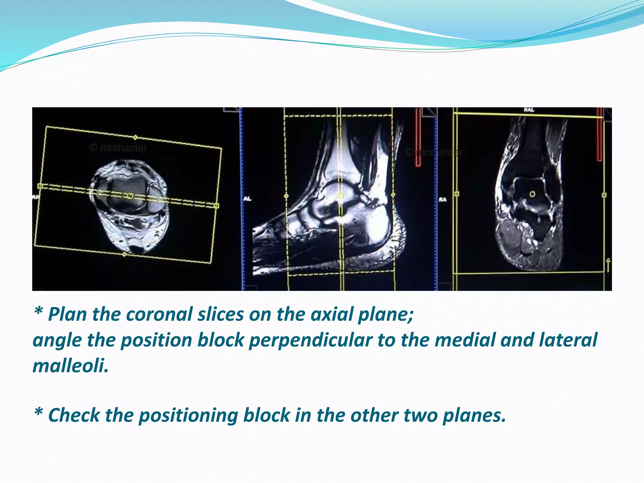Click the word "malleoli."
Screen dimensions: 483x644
(x=70, y=366)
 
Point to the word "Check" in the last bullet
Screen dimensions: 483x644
(x=74, y=415)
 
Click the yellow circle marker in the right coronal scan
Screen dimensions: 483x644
(x=532, y=194)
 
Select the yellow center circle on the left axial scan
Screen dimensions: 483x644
(x=130, y=196)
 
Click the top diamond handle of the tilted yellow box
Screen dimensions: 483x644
(x=135, y=137)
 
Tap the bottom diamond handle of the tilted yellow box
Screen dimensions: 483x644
(x=124, y=254)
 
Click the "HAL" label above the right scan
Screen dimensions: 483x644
(x=529, y=110)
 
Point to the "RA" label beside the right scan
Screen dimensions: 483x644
(x=442, y=199)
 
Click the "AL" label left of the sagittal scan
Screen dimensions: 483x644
(x=247, y=199)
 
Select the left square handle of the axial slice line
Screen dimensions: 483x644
(x=40, y=186)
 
